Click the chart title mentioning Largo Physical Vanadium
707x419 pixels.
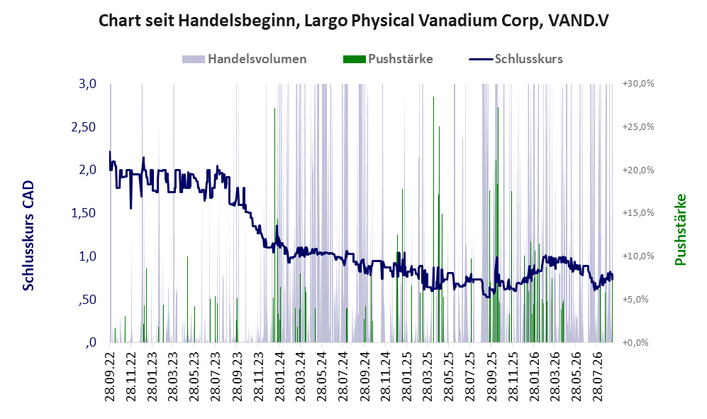pyautogui.click(x=353, y=21)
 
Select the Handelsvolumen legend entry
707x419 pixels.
pyautogui.click(x=245, y=59)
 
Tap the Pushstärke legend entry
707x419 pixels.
pyautogui.click(x=388, y=59)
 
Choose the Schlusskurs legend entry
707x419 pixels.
pyautogui.click(x=516, y=59)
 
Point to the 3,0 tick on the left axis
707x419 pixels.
pyautogui.click(x=87, y=84)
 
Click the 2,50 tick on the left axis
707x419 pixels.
pyautogui.click(x=84, y=127)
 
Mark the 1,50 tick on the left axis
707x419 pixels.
pyautogui.click(x=84, y=213)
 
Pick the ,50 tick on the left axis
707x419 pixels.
pyautogui.click(x=87, y=300)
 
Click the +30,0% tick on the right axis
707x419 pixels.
pyautogui.click(x=638, y=84)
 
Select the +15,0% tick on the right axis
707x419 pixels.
pyautogui.click(x=638, y=213)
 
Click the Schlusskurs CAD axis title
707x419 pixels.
pyautogui.click(x=28, y=235)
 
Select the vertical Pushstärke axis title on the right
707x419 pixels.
pyautogui.click(x=680, y=230)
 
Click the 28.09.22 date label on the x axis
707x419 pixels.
pyautogui.click(x=110, y=375)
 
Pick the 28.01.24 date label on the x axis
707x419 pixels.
pyautogui.click(x=279, y=375)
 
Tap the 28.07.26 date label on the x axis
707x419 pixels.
pyautogui.click(x=596, y=375)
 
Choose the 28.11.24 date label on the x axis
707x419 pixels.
pyautogui.click(x=385, y=375)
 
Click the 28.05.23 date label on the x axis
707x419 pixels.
pyautogui.click(x=194, y=375)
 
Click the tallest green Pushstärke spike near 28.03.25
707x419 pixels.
pyautogui.click(x=434, y=219)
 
